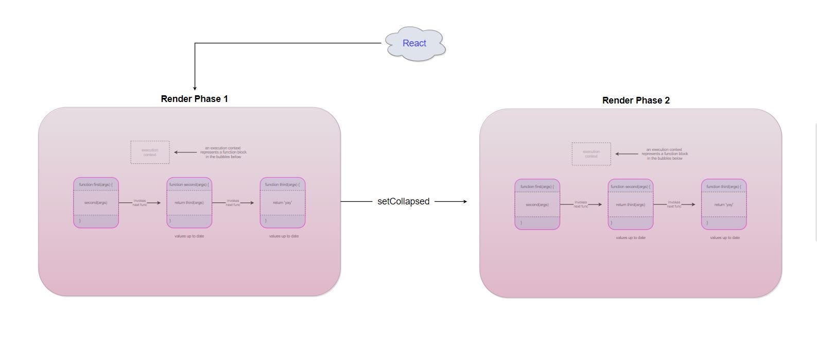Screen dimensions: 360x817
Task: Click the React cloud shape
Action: (414, 44)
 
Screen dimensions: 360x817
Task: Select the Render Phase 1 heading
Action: (194, 99)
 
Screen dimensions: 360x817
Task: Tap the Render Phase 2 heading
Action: (636, 100)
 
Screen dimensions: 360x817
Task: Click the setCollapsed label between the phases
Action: (403, 201)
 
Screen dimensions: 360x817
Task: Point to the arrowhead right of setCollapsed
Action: (465, 201)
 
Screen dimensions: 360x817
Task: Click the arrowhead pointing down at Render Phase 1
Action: (195, 88)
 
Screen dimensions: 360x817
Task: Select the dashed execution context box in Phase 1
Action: (150, 152)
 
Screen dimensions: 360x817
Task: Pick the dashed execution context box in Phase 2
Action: (591, 154)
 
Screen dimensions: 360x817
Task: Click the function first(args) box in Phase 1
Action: (96, 202)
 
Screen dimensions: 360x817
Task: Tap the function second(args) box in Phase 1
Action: (189, 202)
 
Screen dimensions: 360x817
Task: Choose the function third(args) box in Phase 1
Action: (282, 202)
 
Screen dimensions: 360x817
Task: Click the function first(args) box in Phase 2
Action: (537, 204)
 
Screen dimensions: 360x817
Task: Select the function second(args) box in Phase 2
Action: (630, 204)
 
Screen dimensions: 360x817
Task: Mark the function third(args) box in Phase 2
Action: (723, 204)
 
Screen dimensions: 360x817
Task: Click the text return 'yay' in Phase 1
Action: (282, 203)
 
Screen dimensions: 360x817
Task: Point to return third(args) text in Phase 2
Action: (630, 205)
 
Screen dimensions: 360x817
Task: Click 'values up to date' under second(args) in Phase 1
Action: (189, 236)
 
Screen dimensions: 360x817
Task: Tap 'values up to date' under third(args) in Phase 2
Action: (724, 238)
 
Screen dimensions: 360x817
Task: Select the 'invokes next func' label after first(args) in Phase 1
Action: (140, 203)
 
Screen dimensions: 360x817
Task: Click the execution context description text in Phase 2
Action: (665, 154)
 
